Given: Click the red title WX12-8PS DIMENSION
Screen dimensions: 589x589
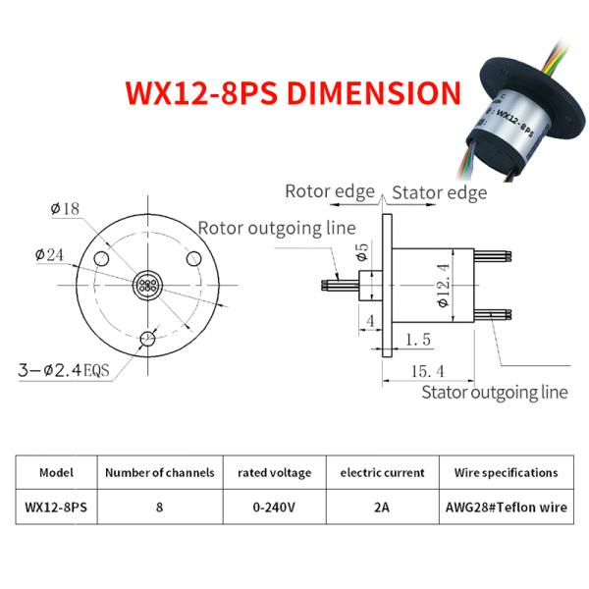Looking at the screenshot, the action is click(293, 93).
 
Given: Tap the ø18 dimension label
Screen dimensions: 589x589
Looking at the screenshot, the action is click(65, 209).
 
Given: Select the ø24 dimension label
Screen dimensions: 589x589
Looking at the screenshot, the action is click(50, 255).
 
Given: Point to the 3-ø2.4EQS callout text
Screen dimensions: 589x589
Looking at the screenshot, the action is click(64, 370).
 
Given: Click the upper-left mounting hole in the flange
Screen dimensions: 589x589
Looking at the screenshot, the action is click(101, 259).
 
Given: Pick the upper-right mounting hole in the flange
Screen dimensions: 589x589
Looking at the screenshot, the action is click(193, 259).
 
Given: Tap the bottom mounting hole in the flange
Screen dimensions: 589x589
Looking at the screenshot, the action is click(147, 339).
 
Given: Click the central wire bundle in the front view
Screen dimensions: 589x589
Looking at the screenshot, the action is click(147, 286).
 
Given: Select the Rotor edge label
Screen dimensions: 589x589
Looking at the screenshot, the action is click(330, 191).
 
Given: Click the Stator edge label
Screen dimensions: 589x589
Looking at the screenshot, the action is click(440, 192).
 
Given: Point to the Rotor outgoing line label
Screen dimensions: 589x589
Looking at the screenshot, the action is click(277, 228).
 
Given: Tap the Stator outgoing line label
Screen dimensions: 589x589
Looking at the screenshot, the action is click(495, 393).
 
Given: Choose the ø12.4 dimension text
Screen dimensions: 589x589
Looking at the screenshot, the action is click(444, 286).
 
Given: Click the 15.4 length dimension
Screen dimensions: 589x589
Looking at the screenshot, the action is click(427, 371).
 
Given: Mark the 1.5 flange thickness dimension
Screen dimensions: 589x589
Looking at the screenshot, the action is click(418, 340).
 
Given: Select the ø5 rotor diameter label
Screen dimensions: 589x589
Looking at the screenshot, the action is click(362, 252).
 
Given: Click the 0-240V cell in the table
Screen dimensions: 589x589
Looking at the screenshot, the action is click(274, 508).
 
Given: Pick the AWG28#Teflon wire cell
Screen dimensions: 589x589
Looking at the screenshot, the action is click(507, 508).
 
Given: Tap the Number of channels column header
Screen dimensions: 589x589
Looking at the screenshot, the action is click(160, 472).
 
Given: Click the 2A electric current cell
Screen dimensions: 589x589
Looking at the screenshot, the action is click(382, 508).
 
